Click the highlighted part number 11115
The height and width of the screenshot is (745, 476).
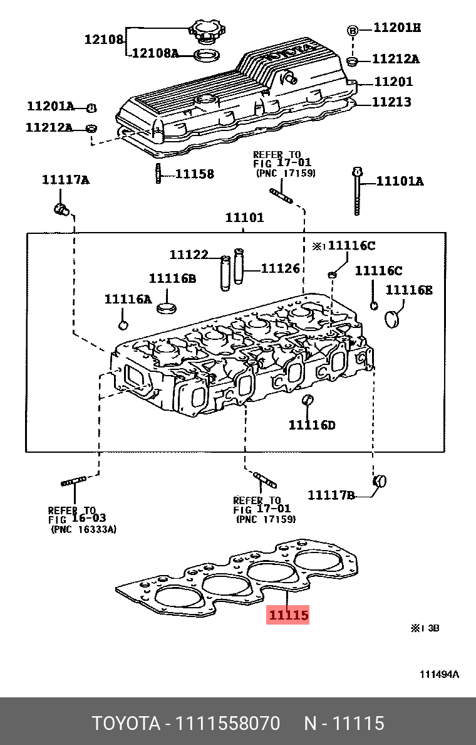coord(289,615)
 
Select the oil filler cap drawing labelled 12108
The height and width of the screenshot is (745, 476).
coord(205,31)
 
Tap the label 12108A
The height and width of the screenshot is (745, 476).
coord(155,54)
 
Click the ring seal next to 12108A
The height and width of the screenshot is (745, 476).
coord(205,55)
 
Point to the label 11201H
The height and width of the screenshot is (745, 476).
coord(397,28)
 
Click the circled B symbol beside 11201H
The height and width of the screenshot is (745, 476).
coord(353,30)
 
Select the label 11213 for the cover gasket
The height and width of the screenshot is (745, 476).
coord(393,102)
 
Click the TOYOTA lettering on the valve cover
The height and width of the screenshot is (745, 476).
coord(289,52)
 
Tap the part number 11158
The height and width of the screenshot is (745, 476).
coord(194,174)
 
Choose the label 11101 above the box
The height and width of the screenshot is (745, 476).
coord(245,218)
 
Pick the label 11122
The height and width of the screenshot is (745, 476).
coord(189,255)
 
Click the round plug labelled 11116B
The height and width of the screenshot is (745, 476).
coord(167,309)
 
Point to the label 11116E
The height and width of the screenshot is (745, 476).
coord(408,290)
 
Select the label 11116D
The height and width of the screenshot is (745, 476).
coord(312,425)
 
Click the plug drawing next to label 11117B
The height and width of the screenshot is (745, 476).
coord(380,482)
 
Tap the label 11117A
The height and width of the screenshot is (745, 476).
coord(66,181)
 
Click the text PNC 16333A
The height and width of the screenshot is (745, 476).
coord(83,530)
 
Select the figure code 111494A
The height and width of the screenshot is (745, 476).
coord(439,674)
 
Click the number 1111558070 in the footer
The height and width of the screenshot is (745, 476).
coord(227,723)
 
